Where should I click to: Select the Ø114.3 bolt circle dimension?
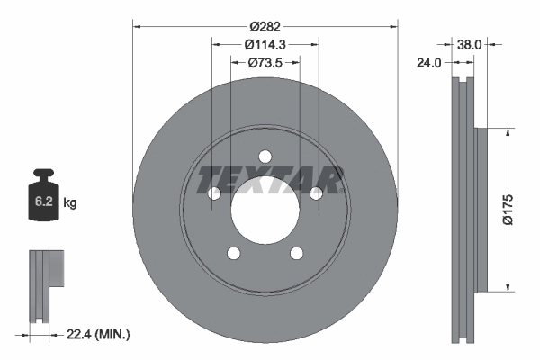[x=265, y=44]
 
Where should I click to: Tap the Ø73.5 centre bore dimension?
[x=265, y=63]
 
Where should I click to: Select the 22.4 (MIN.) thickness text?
[x=99, y=335]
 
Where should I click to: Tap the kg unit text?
[x=70, y=203]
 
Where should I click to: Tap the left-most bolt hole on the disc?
[x=214, y=193]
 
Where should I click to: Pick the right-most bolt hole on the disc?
[x=316, y=193]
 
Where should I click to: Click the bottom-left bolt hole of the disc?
[x=233, y=253]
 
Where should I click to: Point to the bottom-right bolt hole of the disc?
[x=296, y=253]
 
